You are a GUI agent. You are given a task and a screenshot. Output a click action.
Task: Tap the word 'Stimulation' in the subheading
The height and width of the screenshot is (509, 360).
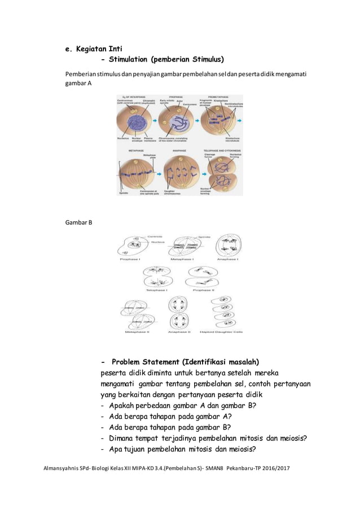tap(125, 59)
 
